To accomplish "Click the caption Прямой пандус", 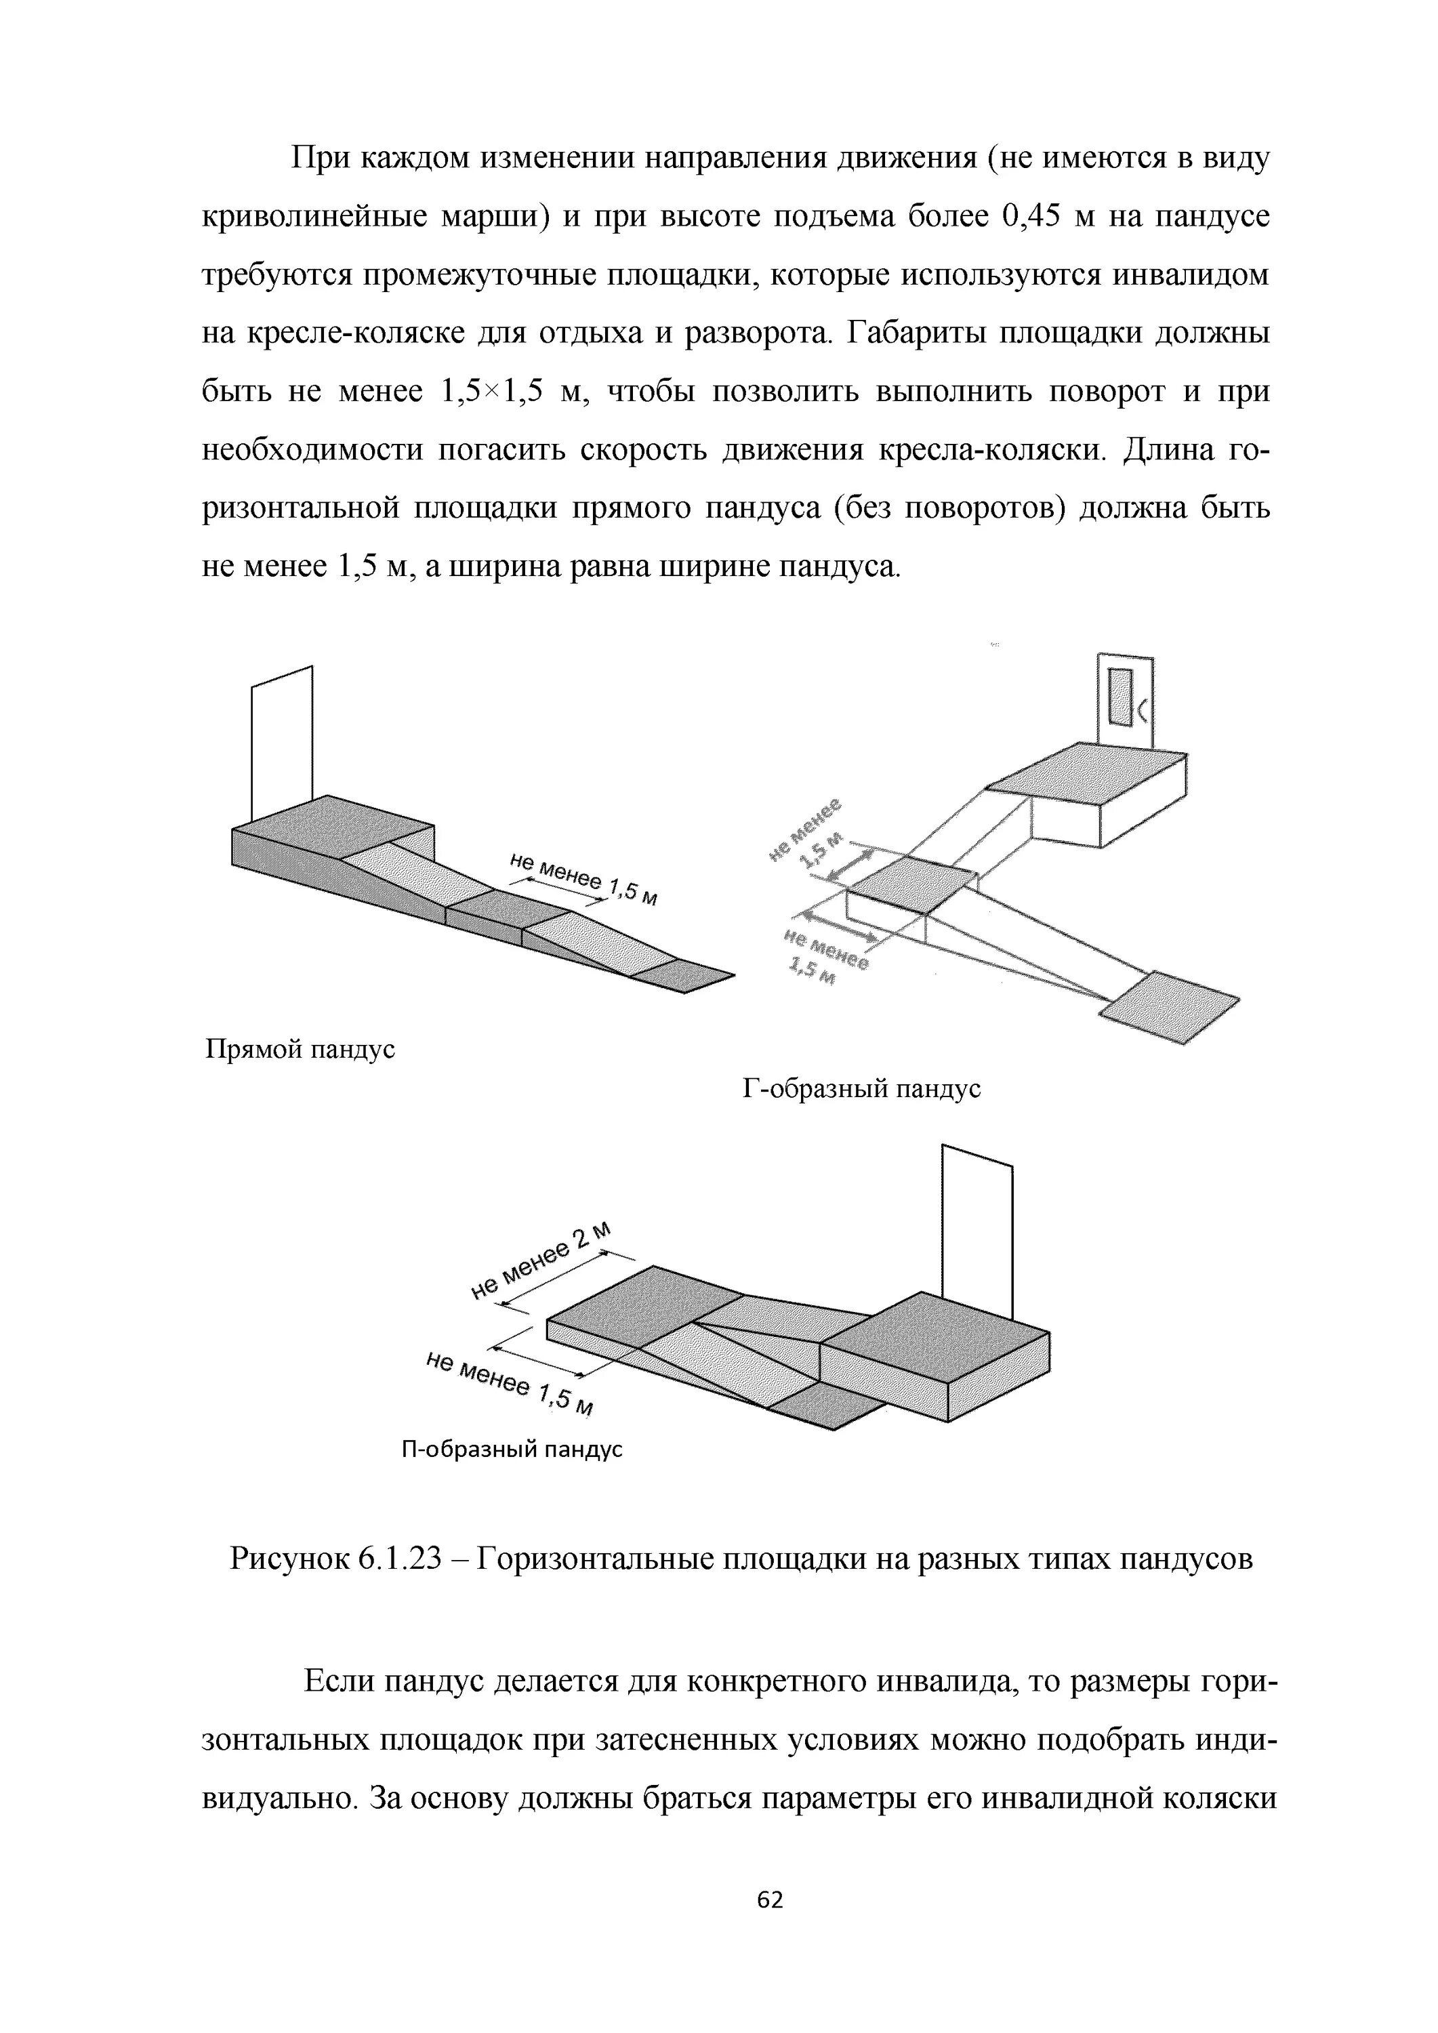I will (x=300, y=1050).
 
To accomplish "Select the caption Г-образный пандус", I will (x=861, y=1089).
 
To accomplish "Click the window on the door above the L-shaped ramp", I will (x=1121, y=697).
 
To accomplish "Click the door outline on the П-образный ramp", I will (x=977, y=1231).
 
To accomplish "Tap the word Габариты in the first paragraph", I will (x=916, y=334).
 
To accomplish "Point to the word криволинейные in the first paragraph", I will (x=314, y=218).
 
